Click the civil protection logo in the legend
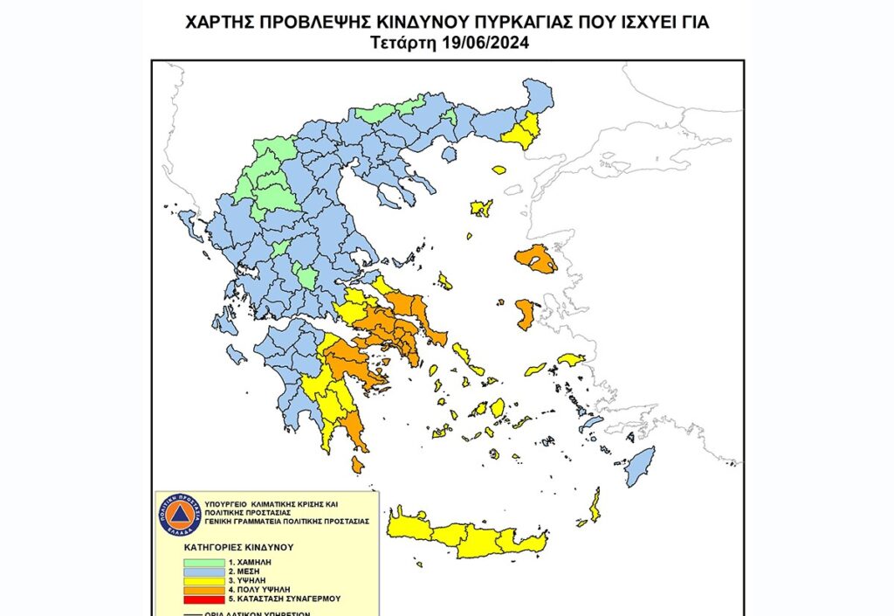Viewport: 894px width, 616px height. tap(179, 515)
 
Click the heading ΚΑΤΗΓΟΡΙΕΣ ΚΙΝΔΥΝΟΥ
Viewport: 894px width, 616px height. tap(238, 546)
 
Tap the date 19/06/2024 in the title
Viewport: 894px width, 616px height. tap(487, 42)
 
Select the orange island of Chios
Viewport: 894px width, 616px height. tap(526, 314)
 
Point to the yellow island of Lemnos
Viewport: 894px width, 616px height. tap(481, 208)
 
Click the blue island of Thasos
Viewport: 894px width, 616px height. tap(450, 154)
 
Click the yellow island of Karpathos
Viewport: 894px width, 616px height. tap(595, 505)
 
